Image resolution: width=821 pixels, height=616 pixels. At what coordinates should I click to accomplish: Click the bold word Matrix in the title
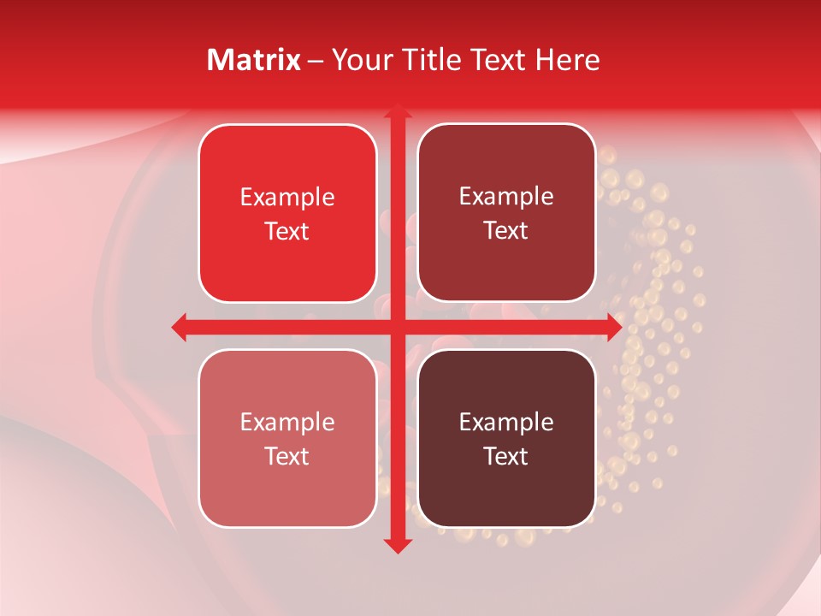coord(254,60)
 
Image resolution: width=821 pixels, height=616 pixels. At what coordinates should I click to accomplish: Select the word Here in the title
coord(568,60)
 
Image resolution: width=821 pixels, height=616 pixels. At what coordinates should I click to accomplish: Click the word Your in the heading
coord(357,60)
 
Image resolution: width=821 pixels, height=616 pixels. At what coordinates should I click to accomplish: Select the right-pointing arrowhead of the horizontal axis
coord(613,327)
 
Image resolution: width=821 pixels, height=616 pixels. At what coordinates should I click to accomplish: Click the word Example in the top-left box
coord(287,198)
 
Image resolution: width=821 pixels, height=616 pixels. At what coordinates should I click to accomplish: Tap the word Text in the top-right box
coord(506,231)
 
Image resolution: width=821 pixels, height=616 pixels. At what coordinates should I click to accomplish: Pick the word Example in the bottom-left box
coord(287,423)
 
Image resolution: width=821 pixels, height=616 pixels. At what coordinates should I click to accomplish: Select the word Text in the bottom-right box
coord(506,456)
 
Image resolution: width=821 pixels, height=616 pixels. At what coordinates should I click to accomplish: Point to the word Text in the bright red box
coord(287,231)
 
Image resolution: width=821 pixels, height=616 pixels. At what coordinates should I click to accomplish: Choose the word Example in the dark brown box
coord(506,423)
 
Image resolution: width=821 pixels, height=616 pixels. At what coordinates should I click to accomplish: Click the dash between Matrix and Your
coord(316,61)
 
